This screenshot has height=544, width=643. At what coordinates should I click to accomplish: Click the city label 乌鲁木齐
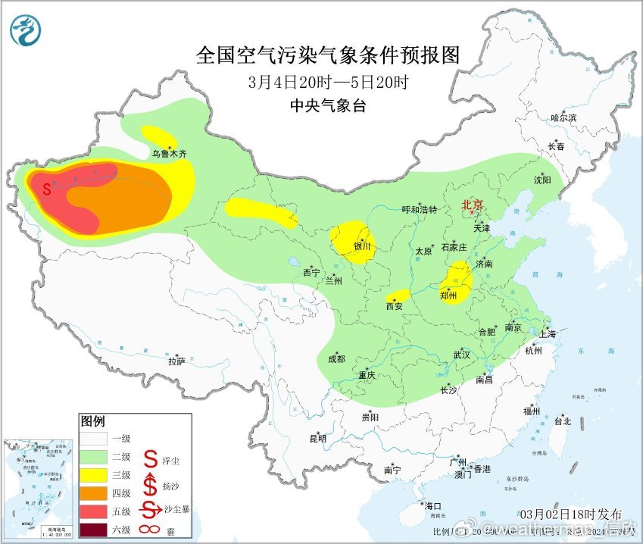(x=168, y=153)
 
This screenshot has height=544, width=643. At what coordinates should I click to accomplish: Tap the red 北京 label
(x=472, y=205)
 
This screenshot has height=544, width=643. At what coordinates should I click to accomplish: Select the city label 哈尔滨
(x=563, y=117)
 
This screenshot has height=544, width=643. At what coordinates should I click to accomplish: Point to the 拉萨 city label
(x=176, y=361)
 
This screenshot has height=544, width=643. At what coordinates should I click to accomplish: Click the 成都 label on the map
(x=336, y=359)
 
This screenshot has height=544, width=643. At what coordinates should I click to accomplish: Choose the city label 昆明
(x=317, y=438)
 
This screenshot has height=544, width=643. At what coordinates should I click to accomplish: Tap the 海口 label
(x=432, y=505)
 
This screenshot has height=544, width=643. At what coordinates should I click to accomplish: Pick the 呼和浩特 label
(x=419, y=210)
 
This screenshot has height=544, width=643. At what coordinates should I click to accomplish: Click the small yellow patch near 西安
(x=398, y=295)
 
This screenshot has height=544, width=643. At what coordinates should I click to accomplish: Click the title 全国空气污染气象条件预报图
(x=328, y=55)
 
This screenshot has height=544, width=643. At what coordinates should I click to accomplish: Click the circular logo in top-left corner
(x=26, y=30)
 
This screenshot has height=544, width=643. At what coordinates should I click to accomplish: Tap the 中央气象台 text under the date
(x=328, y=106)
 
